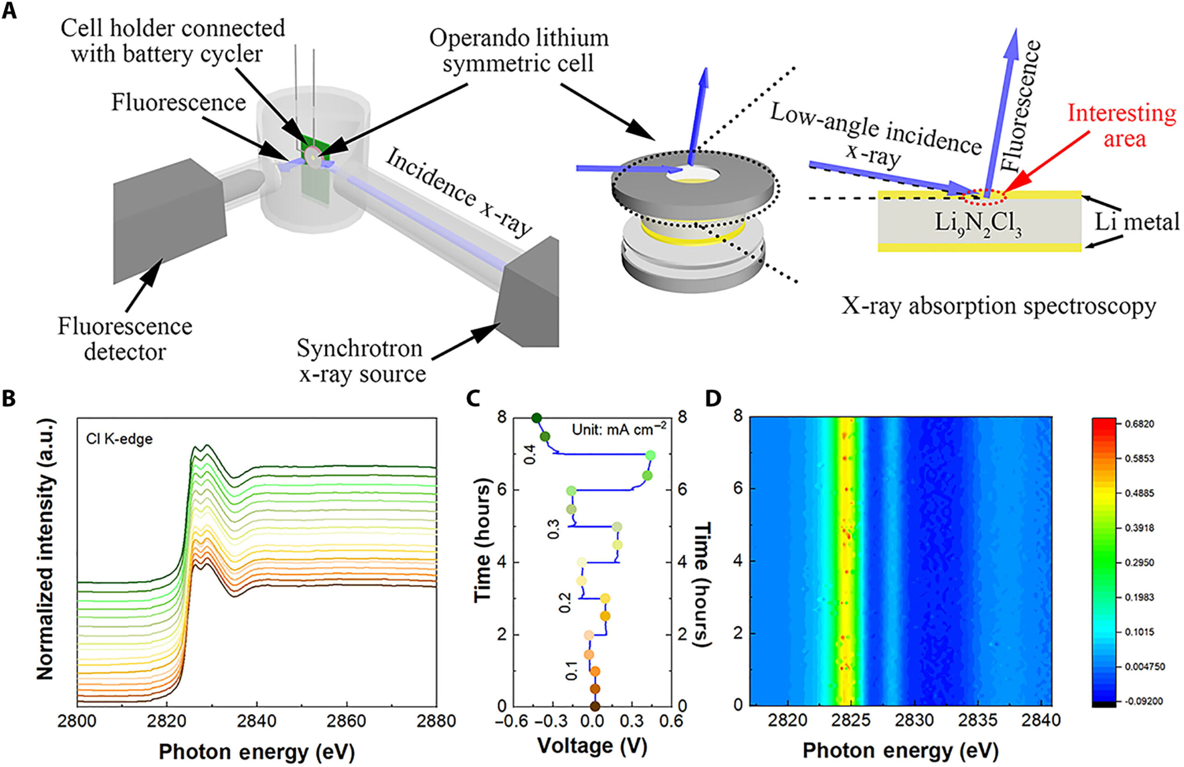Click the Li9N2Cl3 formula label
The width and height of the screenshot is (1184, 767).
(978, 223)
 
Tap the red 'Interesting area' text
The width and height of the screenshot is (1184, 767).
(1122, 126)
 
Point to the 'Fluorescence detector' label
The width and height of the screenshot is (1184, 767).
(125, 339)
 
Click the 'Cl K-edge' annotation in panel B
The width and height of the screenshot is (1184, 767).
(119, 439)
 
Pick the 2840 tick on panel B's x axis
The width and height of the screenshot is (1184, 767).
(257, 721)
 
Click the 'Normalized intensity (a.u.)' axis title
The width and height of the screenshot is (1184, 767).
(46, 549)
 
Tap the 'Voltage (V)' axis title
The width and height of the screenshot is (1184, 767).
(592, 746)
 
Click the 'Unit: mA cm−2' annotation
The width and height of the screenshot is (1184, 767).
(619, 428)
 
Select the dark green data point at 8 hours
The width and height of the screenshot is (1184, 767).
(536, 418)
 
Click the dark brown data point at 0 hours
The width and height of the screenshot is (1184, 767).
(594, 706)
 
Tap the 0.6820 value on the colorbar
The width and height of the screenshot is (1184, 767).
(1140, 424)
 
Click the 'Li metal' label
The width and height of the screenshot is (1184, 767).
(1137, 222)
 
